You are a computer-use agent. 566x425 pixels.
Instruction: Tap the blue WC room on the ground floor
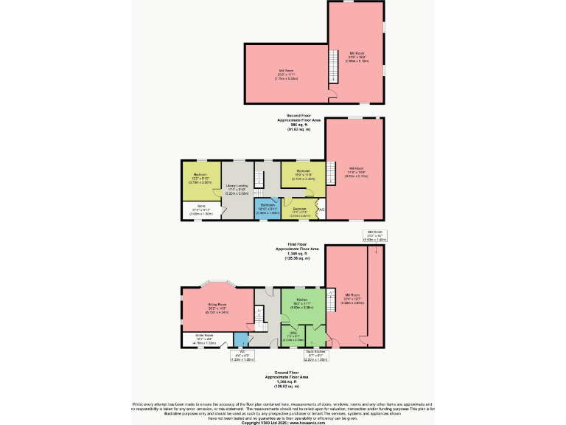tap(240, 339)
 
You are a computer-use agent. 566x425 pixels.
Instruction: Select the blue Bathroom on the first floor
tap(268, 208)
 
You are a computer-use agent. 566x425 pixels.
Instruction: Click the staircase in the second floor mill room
tap(333, 72)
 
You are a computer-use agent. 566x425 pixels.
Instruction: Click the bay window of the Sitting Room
tap(218, 283)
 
